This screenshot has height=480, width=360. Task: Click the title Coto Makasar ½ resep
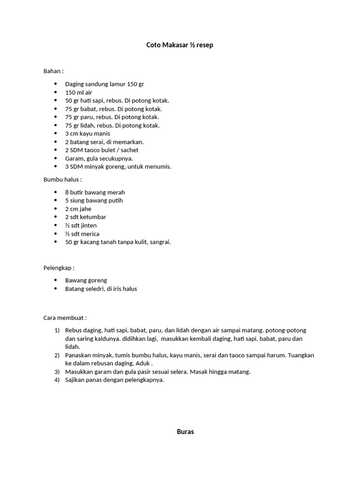coord(180,45)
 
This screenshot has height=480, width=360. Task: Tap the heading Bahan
coord(53,71)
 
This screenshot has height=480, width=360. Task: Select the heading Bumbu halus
coord(62,180)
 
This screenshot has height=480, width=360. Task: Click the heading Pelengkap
coord(59,268)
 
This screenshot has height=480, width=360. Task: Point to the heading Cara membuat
coord(65,318)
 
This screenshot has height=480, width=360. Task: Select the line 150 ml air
coord(78,92)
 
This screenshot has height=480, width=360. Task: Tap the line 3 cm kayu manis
coord(88,134)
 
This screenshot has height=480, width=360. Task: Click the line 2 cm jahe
coord(78,209)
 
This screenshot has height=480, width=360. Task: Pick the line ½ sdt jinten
coord(81,225)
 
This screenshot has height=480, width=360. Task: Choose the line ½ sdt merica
coord(82,234)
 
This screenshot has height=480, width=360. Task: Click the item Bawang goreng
coord(86,281)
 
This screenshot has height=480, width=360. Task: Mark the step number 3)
coord(57,372)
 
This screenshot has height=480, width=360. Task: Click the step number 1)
coord(57,330)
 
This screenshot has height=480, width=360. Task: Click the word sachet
coord(129,150)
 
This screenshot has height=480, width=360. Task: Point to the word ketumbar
coord(94,217)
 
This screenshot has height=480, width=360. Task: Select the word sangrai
coord(159,242)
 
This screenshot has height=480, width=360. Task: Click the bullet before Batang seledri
coord(55,289)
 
